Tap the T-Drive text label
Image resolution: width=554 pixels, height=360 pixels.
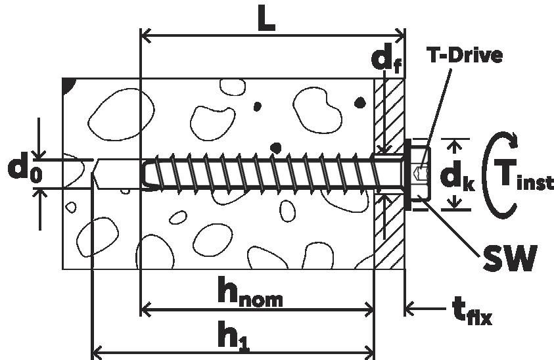[465, 55]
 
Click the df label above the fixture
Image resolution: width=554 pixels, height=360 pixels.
[386, 60]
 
